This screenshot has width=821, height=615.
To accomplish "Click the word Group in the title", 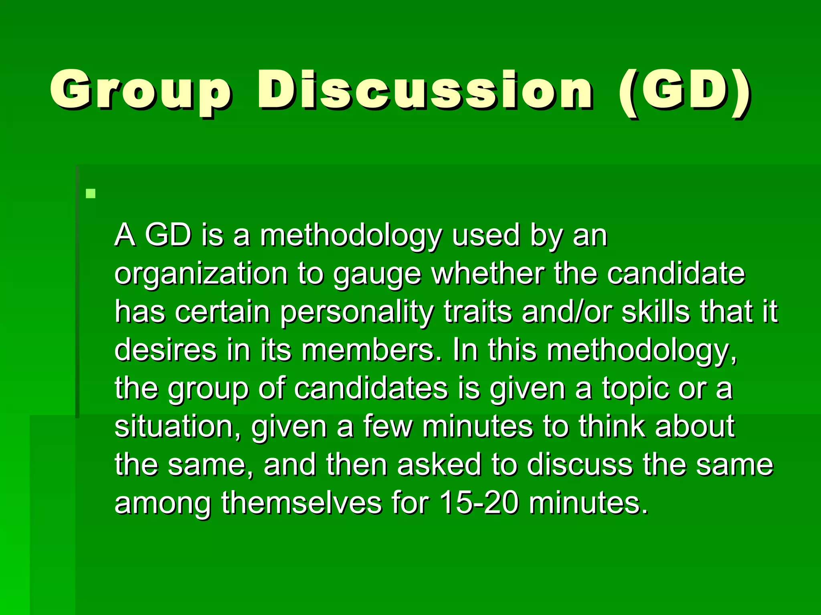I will pos(140,90).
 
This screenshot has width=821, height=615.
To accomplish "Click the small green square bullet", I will pos(91,194).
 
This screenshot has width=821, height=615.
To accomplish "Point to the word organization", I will pos(201,275).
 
